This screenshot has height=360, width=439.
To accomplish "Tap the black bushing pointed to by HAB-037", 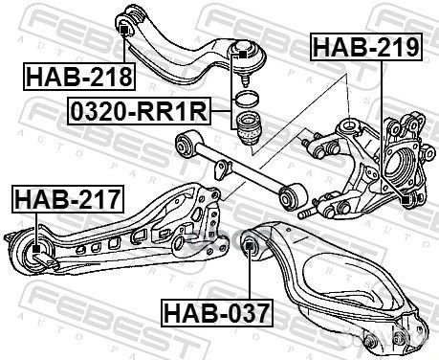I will tap(252, 247).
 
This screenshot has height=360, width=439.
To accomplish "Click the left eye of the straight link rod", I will tap(184, 144).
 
